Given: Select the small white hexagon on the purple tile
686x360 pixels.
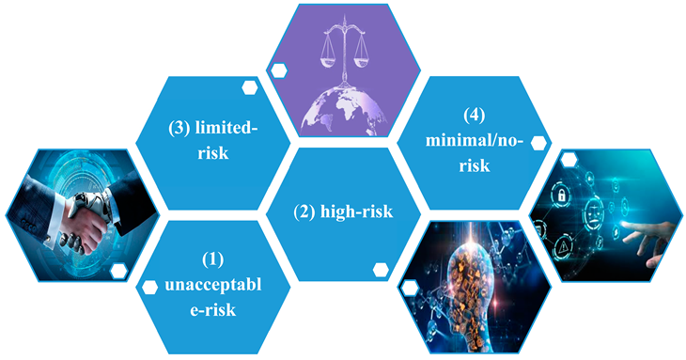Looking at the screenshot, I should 280,70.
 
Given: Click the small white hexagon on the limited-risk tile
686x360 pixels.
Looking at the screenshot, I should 250,87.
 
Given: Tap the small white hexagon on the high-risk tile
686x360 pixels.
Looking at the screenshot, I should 382,270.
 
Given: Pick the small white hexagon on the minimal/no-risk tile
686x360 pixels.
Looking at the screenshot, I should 538,143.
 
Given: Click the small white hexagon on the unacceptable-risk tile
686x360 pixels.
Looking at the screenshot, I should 148,286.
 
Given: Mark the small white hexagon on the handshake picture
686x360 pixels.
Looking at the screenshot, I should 118,271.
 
